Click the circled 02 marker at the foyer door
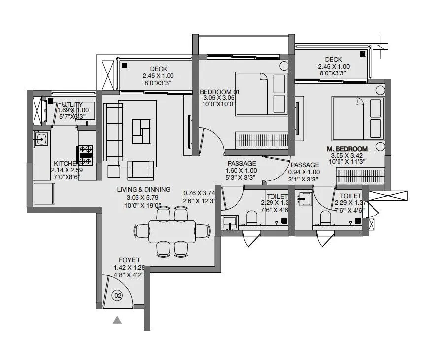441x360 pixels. point(117,296)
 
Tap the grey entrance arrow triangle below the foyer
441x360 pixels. point(117,320)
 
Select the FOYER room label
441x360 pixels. point(129,260)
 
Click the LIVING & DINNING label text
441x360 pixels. point(143,189)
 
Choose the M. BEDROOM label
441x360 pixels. point(347,149)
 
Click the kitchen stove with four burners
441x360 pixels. point(85,155)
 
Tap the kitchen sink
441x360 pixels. point(41,139)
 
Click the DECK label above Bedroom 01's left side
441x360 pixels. point(158,69)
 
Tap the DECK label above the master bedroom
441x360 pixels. point(333,59)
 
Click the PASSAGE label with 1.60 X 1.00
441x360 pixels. point(241,164)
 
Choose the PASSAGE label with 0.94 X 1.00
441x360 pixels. point(304,165)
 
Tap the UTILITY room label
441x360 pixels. point(72,104)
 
